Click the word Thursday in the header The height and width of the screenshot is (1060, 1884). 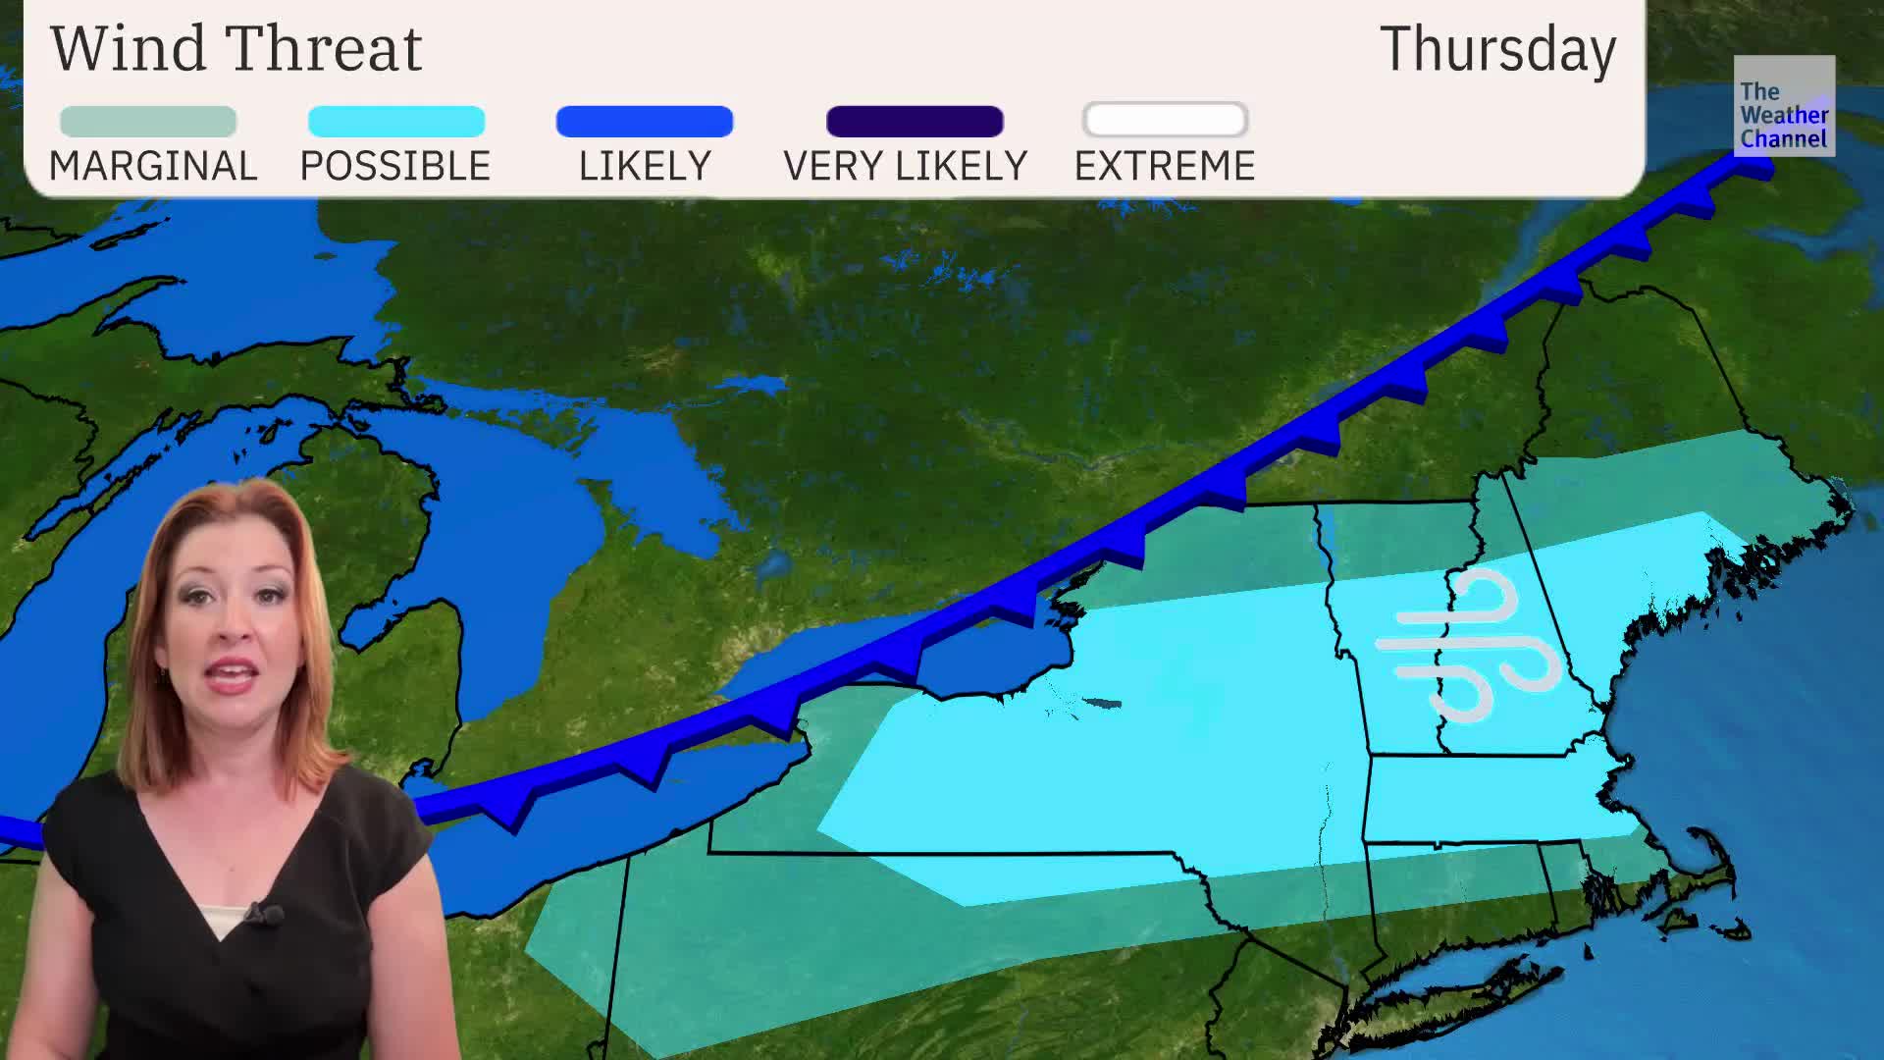(1497, 49)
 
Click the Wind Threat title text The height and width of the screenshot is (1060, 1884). (236, 48)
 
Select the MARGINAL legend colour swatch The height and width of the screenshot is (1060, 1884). (148, 122)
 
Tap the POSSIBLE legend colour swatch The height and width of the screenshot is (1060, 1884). (396, 122)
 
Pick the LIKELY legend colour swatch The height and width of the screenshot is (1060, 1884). (644, 122)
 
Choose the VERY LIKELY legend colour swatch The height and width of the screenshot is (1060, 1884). (915, 122)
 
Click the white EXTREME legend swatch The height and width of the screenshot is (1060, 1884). (1165, 121)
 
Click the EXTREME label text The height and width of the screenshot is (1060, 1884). (1165, 166)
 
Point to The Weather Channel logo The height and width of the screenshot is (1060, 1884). (1783, 106)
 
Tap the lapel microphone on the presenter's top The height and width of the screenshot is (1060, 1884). (263, 916)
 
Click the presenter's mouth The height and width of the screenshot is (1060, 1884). (233, 675)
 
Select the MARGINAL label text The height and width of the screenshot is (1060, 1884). (153, 166)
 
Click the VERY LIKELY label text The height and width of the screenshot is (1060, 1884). (905, 166)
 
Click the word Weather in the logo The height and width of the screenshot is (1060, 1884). (1784, 115)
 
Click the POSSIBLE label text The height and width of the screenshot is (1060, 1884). (394, 166)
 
